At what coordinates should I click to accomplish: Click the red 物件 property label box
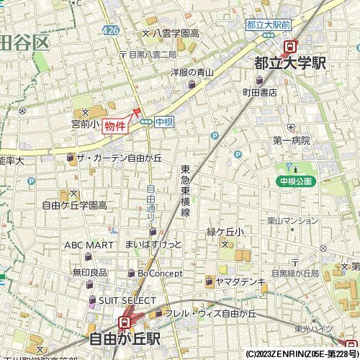(114, 126)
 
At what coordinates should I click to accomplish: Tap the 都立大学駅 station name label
(290, 63)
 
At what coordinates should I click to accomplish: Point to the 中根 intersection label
(163, 122)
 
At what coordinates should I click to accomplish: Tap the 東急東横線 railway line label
(184, 192)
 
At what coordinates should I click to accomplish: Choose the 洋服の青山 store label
(192, 72)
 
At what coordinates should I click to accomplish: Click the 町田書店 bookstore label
(259, 92)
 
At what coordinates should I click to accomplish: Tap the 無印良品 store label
(89, 272)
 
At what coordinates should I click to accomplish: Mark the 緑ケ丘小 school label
(225, 232)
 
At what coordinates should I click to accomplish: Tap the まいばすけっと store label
(153, 246)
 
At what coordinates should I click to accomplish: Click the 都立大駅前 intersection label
(269, 24)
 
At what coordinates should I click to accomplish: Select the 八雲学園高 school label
(175, 33)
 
